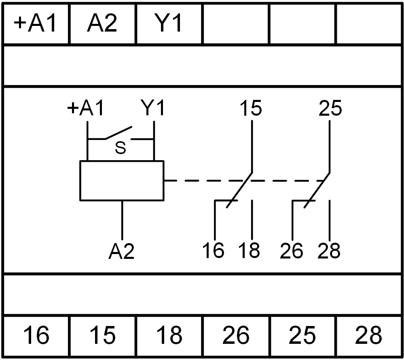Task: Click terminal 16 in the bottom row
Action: pos(36,336)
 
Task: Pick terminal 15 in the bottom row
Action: pos(102,336)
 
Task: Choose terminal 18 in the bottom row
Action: pos(169,336)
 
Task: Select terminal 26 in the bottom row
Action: pos(236,336)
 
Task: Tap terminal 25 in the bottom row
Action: pos(302,336)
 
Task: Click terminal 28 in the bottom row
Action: pos(369,336)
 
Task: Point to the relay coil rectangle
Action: pos(122,180)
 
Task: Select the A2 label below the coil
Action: pos(121,252)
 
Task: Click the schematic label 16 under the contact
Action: pos(213,251)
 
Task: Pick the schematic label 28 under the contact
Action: pos(329,251)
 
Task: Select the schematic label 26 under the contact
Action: pos(291,251)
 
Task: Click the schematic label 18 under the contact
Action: pos(249,251)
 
